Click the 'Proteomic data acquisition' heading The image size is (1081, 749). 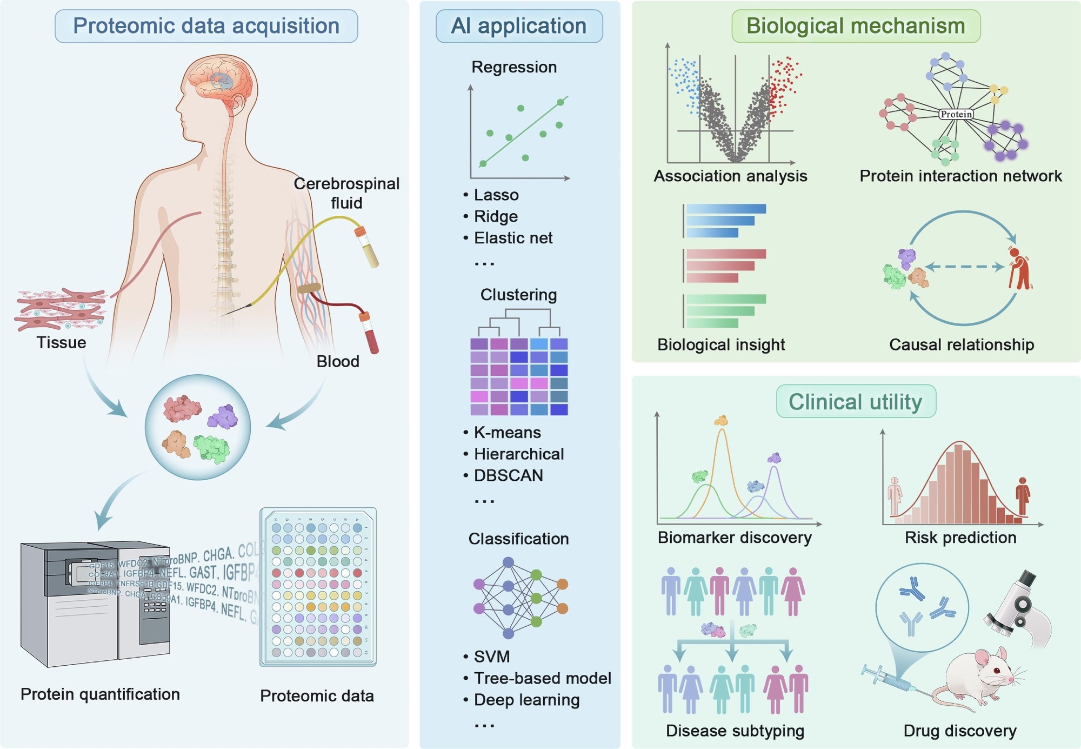pos(206,26)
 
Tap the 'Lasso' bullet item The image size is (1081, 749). pos(496,195)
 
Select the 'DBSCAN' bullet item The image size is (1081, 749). pos(508,475)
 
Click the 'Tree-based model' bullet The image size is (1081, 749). pos(542,678)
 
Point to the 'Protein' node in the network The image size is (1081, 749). pos(956,114)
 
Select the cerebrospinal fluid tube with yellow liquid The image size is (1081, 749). pos(366,248)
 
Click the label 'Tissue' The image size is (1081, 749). pos(61,343)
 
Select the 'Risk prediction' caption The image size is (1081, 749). pos(960,538)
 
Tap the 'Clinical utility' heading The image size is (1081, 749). pos(856,402)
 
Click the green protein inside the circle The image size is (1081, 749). pos(212,448)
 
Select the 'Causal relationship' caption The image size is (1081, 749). pos(962,344)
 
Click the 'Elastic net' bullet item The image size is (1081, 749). pos(513,238)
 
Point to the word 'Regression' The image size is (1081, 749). pos(514,67)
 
